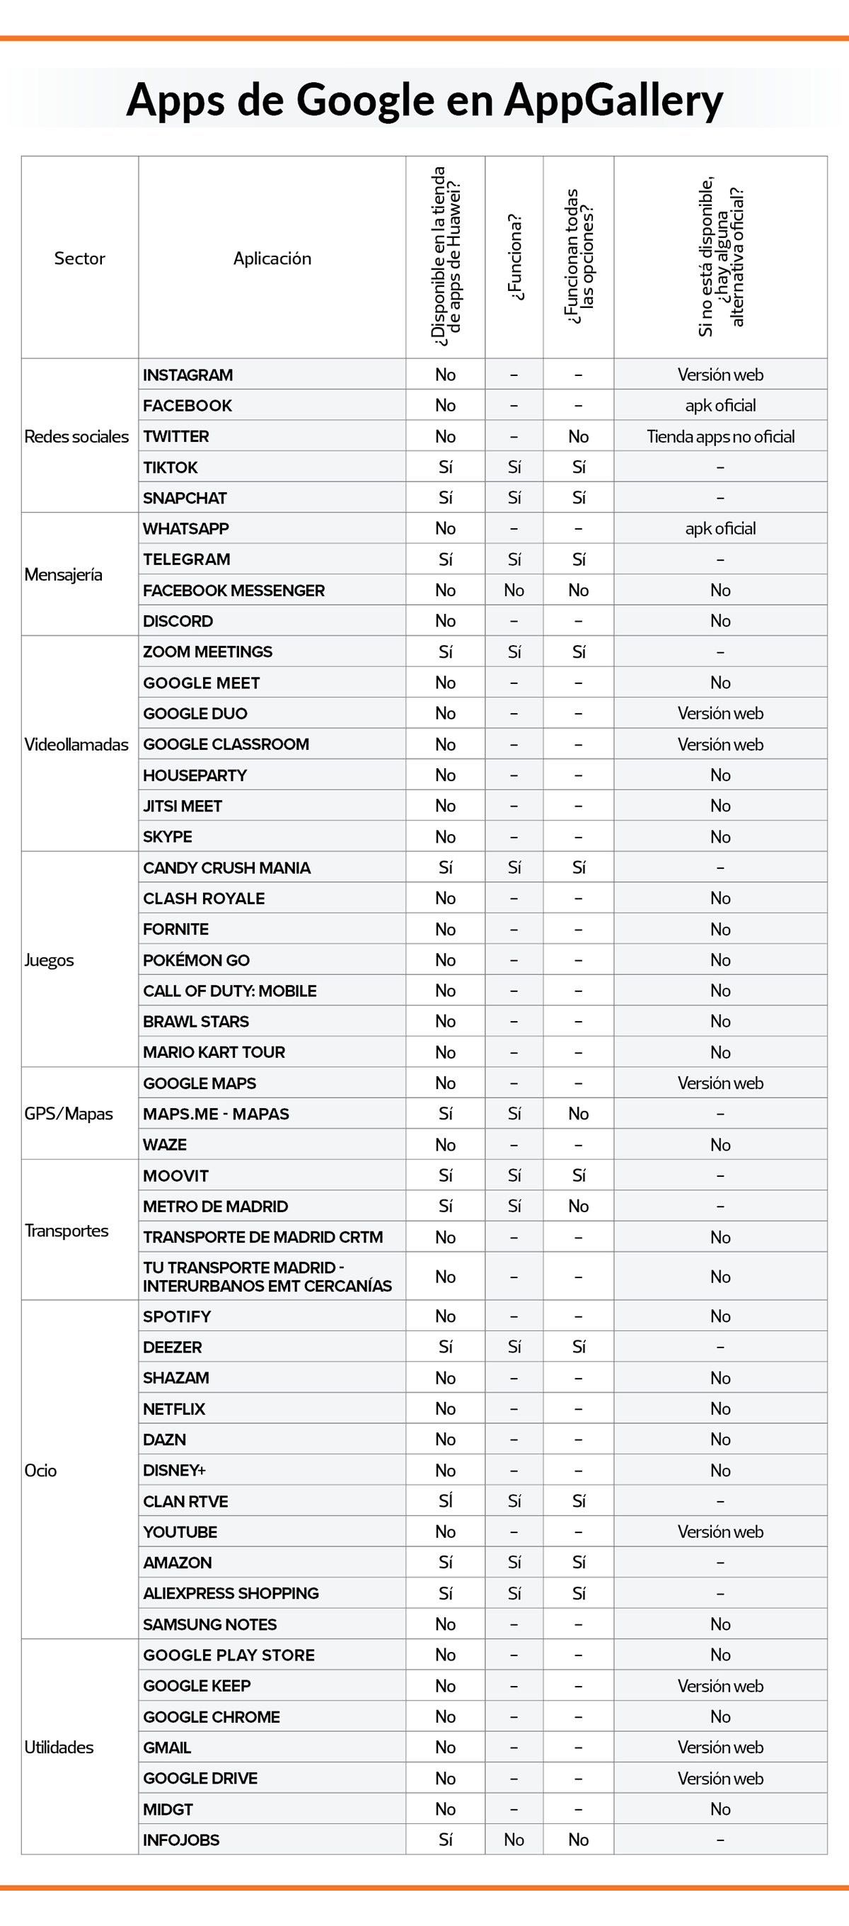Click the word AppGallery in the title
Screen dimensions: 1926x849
click(613, 100)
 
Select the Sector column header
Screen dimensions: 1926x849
click(79, 258)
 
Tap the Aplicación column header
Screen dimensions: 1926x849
click(272, 258)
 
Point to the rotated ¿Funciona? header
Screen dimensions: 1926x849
click(515, 257)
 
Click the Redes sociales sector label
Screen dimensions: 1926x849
click(76, 437)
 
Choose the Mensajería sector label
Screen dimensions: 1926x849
click(64, 575)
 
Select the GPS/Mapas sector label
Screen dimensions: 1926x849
click(69, 1114)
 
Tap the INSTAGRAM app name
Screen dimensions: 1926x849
click(187, 375)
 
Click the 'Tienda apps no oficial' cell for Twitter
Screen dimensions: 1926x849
click(720, 437)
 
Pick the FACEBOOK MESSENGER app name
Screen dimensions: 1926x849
click(234, 591)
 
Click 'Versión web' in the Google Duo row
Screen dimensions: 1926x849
click(720, 713)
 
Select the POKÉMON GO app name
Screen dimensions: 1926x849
click(197, 960)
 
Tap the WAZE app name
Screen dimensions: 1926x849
click(165, 1145)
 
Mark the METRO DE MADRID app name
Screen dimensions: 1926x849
click(215, 1206)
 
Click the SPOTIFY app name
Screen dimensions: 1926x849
click(177, 1316)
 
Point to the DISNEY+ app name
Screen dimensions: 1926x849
click(174, 1471)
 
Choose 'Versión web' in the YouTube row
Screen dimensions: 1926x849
click(720, 1532)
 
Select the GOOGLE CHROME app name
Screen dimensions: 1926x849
click(212, 1716)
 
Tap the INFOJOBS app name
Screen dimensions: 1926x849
click(182, 1840)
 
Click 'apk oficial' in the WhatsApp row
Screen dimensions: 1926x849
click(720, 529)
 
